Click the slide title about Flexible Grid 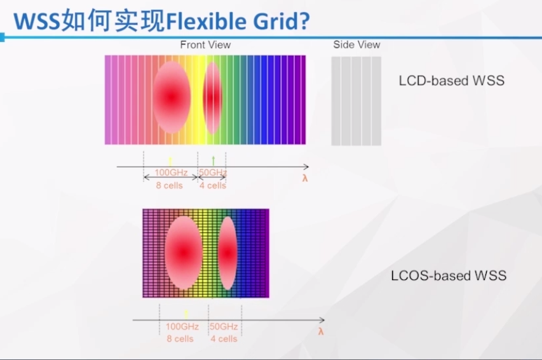pos(162,21)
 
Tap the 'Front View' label pos(205,45)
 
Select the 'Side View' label pos(356,45)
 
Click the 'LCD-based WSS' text pos(452,81)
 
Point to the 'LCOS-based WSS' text pos(449,276)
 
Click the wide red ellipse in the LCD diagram pos(172,97)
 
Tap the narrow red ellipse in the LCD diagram pos(212,98)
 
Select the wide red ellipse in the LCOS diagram pos(184,253)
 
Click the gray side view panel pos(356,101)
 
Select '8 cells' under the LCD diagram pos(169,185)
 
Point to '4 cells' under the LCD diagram pos(212,185)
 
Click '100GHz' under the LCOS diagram pos(182,327)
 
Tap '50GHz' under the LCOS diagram pos(224,327)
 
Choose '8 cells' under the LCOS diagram pos(180,339)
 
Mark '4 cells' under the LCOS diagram pos(224,339)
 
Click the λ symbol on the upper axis pos(305,178)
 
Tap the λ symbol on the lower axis pos(321,331)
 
